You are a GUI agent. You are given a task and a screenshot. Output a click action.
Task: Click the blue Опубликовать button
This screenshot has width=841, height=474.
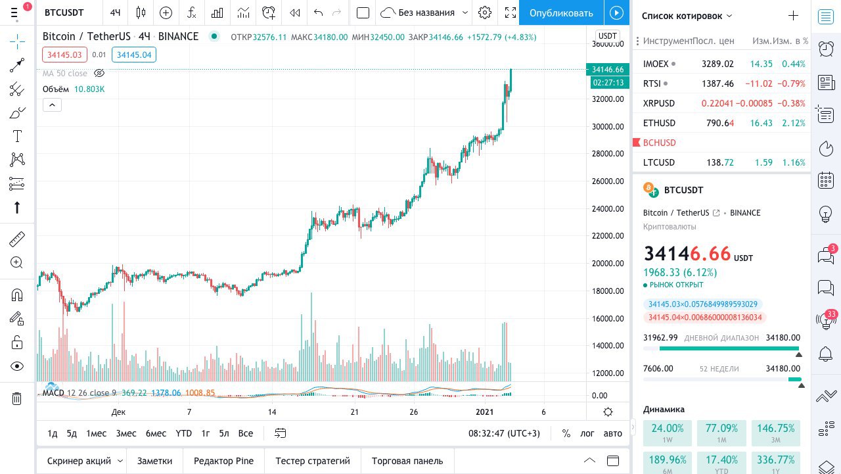(560, 12)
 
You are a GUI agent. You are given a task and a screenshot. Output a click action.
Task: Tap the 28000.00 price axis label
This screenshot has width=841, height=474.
(608, 154)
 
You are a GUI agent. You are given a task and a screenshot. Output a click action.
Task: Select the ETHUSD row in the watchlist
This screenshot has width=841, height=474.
(659, 123)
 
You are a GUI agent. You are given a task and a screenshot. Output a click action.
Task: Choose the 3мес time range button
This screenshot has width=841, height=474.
(126, 433)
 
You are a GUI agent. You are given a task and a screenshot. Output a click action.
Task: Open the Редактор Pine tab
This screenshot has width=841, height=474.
(223, 461)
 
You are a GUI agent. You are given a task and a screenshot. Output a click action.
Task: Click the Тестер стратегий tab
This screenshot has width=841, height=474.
(313, 461)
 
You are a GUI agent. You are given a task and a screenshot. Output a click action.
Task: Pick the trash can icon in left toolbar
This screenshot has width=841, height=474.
(17, 398)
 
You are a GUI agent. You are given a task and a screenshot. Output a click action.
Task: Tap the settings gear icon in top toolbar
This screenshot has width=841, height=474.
(485, 12)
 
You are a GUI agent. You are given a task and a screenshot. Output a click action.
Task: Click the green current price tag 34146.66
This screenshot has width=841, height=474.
(607, 69)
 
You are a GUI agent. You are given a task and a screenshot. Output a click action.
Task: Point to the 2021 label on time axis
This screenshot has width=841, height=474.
(484, 412)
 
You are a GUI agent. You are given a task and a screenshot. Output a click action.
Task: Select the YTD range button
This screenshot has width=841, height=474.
(184, 433)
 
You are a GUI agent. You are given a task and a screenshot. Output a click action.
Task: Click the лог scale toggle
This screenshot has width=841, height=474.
(587, 433)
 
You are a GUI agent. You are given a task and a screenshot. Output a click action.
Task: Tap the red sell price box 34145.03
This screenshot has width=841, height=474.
(64, 55)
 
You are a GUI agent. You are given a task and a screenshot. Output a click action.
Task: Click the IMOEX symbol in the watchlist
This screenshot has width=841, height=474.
(656, 64)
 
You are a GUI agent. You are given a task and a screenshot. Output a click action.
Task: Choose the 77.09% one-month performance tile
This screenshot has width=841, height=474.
(721, 433)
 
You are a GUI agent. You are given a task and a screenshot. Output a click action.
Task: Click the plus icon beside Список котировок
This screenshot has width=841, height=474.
(793, 16)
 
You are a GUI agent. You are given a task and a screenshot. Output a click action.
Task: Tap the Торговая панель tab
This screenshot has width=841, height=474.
(407, 461)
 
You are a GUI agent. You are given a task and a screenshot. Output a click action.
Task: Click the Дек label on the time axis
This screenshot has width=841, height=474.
(118, 412)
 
